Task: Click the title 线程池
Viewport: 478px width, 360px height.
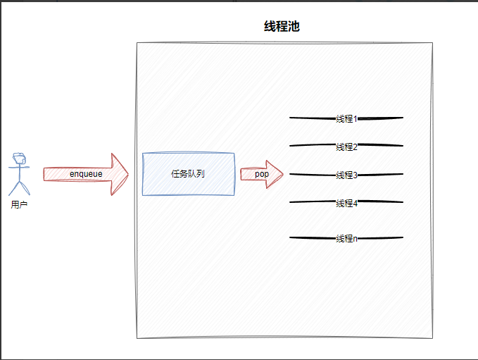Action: point(282,27)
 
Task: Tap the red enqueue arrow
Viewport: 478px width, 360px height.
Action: point(85,174)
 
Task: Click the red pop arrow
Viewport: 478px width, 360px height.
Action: point(261,174)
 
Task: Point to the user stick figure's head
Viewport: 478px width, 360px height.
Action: point(19,159)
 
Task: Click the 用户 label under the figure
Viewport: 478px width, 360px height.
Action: point(19,205)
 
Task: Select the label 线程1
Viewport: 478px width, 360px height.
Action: point(346,118)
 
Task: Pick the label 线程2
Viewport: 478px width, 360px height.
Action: point(346,147)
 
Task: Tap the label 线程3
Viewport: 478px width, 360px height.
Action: point(346,175)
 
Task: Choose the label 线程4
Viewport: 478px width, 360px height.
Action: point(346,203)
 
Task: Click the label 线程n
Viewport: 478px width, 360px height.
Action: point(346,238)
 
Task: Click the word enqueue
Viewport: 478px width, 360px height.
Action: point(85,174)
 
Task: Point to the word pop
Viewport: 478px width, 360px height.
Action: point(261,174)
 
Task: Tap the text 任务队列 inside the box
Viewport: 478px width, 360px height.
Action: point(188,173)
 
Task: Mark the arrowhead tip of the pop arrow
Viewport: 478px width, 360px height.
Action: point(283,174)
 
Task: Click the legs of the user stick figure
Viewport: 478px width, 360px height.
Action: point(19,188)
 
